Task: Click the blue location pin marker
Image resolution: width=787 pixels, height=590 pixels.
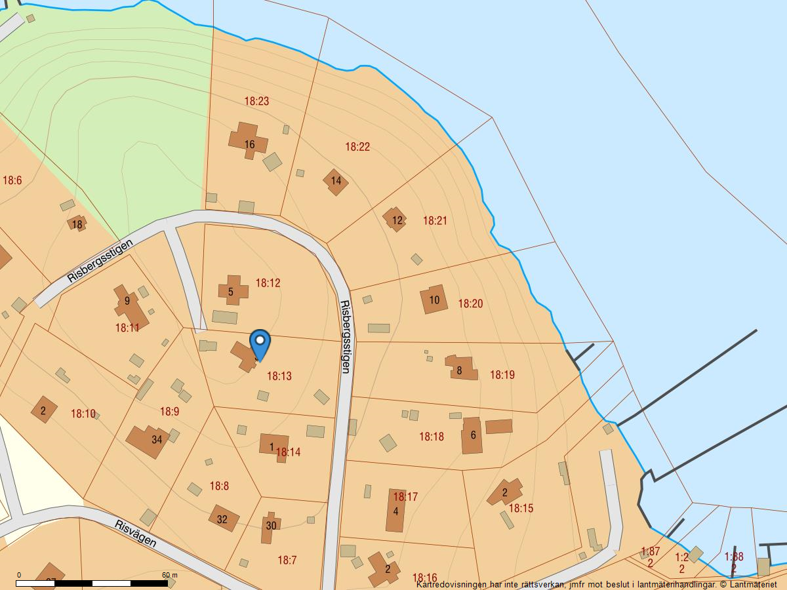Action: point(260,344)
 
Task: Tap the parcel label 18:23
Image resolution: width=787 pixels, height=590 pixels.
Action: point(256,101)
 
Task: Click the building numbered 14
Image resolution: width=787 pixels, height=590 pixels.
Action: point(336,181)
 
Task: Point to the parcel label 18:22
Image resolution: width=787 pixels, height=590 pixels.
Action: point(357,147)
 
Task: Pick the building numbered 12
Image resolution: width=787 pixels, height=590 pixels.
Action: point(396,220)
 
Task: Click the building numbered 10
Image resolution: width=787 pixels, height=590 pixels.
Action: point(434,300)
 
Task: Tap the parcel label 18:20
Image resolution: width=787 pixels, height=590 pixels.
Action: point(470,304)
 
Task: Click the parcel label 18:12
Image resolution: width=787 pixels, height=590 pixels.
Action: point(268,283)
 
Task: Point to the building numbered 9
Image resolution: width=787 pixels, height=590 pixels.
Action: point(129,304)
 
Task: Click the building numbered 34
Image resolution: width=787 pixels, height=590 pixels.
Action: point(151,440)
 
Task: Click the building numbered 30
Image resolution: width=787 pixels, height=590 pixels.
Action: point(270,526)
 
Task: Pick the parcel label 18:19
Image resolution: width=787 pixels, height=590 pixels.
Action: point(502,375)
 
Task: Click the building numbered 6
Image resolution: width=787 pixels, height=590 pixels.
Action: point(472,435)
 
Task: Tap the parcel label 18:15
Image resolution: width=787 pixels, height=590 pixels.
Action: point(521,508)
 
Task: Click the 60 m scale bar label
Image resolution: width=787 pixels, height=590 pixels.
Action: point(170,575)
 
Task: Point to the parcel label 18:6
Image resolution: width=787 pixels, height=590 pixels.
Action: point(12,180)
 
